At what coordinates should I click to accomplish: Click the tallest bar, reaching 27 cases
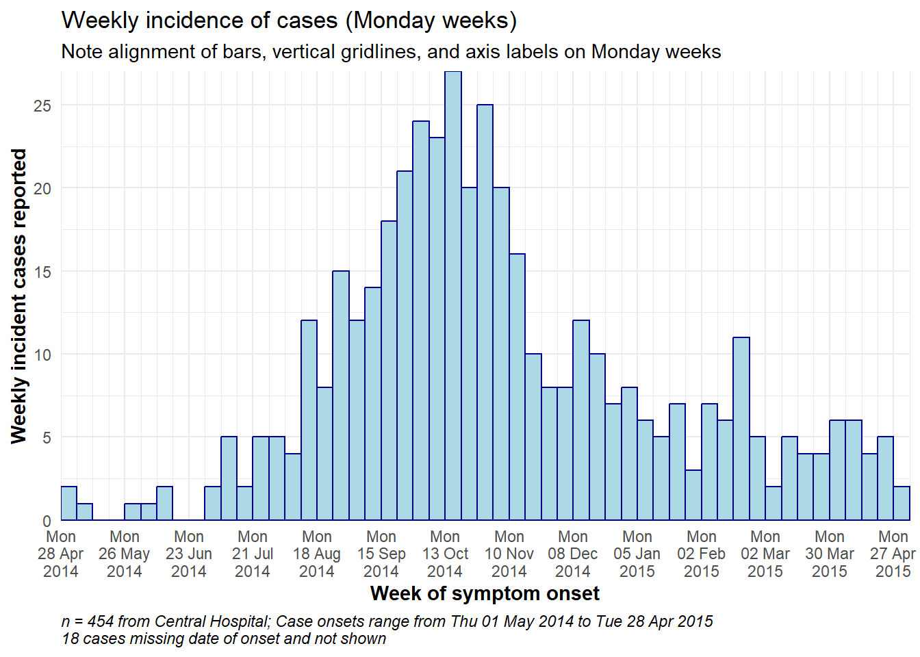(x=453, y=296)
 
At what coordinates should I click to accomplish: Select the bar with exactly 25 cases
(x=485, y=313)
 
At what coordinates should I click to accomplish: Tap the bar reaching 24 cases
(x=421, y=321)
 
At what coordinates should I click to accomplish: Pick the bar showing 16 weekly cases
(x=517, y=387)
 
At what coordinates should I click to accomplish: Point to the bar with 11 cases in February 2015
(x=741, y=428)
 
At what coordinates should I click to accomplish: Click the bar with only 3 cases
(x=693, y=495)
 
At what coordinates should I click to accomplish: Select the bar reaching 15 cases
(x=341, y=396)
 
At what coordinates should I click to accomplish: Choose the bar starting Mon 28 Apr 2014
(x=69, y=504)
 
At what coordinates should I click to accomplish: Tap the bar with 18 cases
(x=389, y=371)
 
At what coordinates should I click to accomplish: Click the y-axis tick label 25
(x=42, y=106)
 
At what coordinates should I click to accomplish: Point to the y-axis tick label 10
(x=42, y=355)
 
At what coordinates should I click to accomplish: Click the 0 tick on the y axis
(x=47, y=521)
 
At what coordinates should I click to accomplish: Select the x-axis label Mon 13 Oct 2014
(x=445, y=554)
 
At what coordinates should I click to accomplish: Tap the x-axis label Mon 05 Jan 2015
(x=637, y=554)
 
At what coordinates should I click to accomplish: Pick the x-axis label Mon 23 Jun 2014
(x=189, y=554)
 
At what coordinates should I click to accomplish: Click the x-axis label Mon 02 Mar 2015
(x=765, y=554)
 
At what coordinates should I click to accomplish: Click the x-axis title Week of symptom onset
(x=485, y=594)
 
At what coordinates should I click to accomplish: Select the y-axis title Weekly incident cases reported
(x=19, y=296)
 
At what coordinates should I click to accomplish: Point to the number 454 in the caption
(x=100, y=621)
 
